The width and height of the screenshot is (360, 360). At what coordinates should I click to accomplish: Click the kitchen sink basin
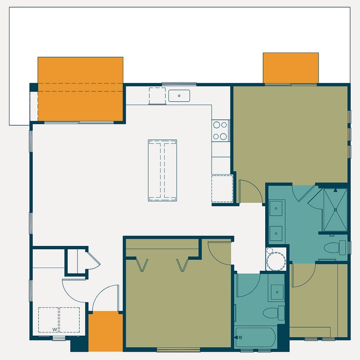(179, 95)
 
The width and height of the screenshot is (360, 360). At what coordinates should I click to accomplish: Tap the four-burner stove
(220, 130)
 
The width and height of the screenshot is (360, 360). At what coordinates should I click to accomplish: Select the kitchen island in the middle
(162, 170)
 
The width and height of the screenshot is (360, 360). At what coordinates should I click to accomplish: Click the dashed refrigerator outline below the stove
(222, 188)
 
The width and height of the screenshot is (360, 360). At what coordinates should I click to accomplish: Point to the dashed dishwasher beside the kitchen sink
(157, 95)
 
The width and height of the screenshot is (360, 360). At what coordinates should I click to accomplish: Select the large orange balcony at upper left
(80, 89)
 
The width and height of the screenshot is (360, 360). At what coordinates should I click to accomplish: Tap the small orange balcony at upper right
(291, 68)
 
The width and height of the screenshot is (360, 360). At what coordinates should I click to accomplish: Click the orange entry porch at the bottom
(105, 331)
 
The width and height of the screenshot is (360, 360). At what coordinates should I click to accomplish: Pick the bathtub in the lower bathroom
(256, 337)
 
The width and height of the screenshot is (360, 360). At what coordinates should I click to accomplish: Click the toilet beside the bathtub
(272, 313)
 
